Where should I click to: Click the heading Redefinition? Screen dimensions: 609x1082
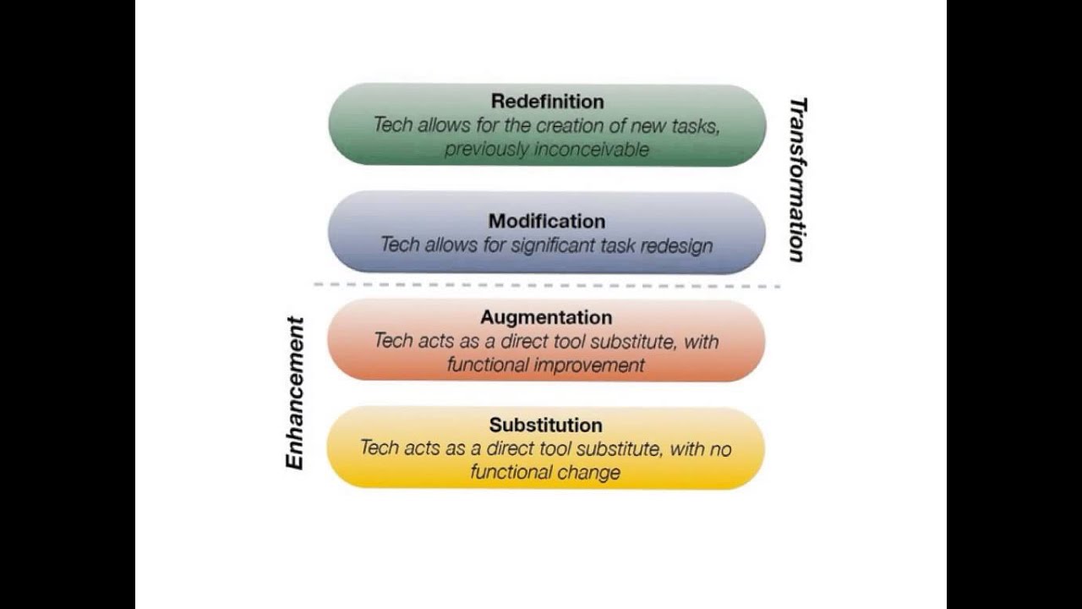tap(547, 101)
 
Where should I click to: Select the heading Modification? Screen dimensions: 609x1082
tap(547, 221)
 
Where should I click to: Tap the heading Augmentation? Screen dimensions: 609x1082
tap(546, 317)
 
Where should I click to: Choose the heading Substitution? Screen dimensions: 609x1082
tap(546, 425)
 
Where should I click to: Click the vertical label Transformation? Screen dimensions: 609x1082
tap(797, 180)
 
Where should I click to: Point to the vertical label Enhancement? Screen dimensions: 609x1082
tap(295, 392)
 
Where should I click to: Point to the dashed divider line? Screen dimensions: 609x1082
tap(547, 286)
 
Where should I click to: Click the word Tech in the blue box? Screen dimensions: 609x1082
tap(398, 245)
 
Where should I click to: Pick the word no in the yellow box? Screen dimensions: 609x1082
tap(720, 448)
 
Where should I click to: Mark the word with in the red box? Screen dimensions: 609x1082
tap(701, 341)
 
